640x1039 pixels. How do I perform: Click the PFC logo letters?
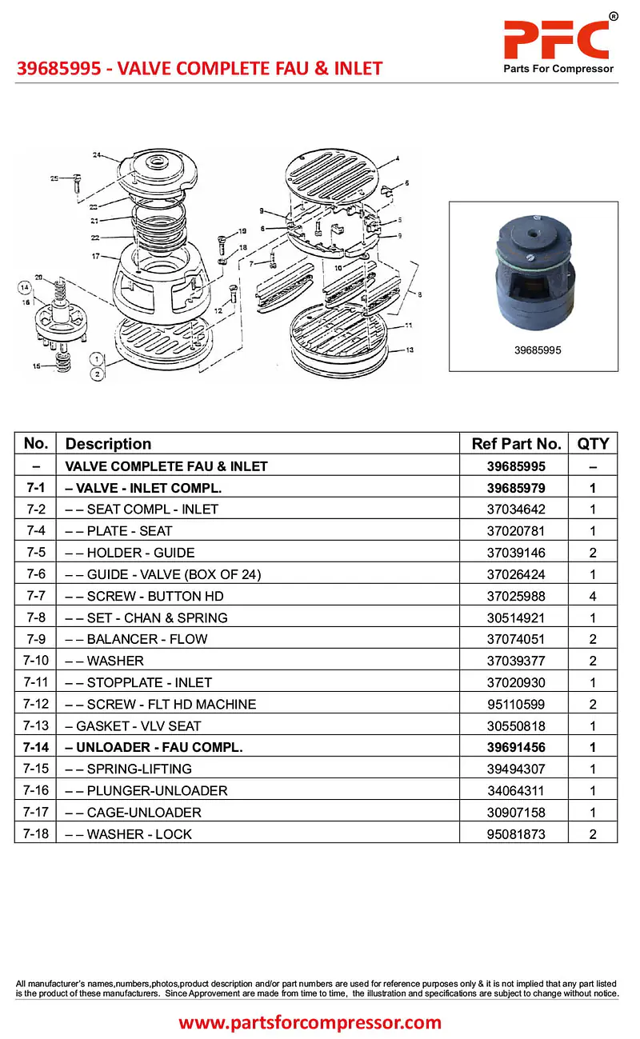556,38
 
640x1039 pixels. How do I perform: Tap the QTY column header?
593,444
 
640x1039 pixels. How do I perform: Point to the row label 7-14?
35,747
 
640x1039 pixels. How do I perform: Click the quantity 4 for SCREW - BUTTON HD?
593,596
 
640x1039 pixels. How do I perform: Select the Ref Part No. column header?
517,444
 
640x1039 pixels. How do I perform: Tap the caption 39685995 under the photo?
534,350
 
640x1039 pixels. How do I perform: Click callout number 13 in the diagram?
410,350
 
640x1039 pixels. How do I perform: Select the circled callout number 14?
25,286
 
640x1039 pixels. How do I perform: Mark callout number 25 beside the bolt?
54,178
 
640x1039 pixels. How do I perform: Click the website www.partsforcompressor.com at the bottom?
310,1021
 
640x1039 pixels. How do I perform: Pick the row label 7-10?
35,661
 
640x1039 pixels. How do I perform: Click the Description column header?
108,444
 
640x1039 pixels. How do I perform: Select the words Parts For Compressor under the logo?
558,69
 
